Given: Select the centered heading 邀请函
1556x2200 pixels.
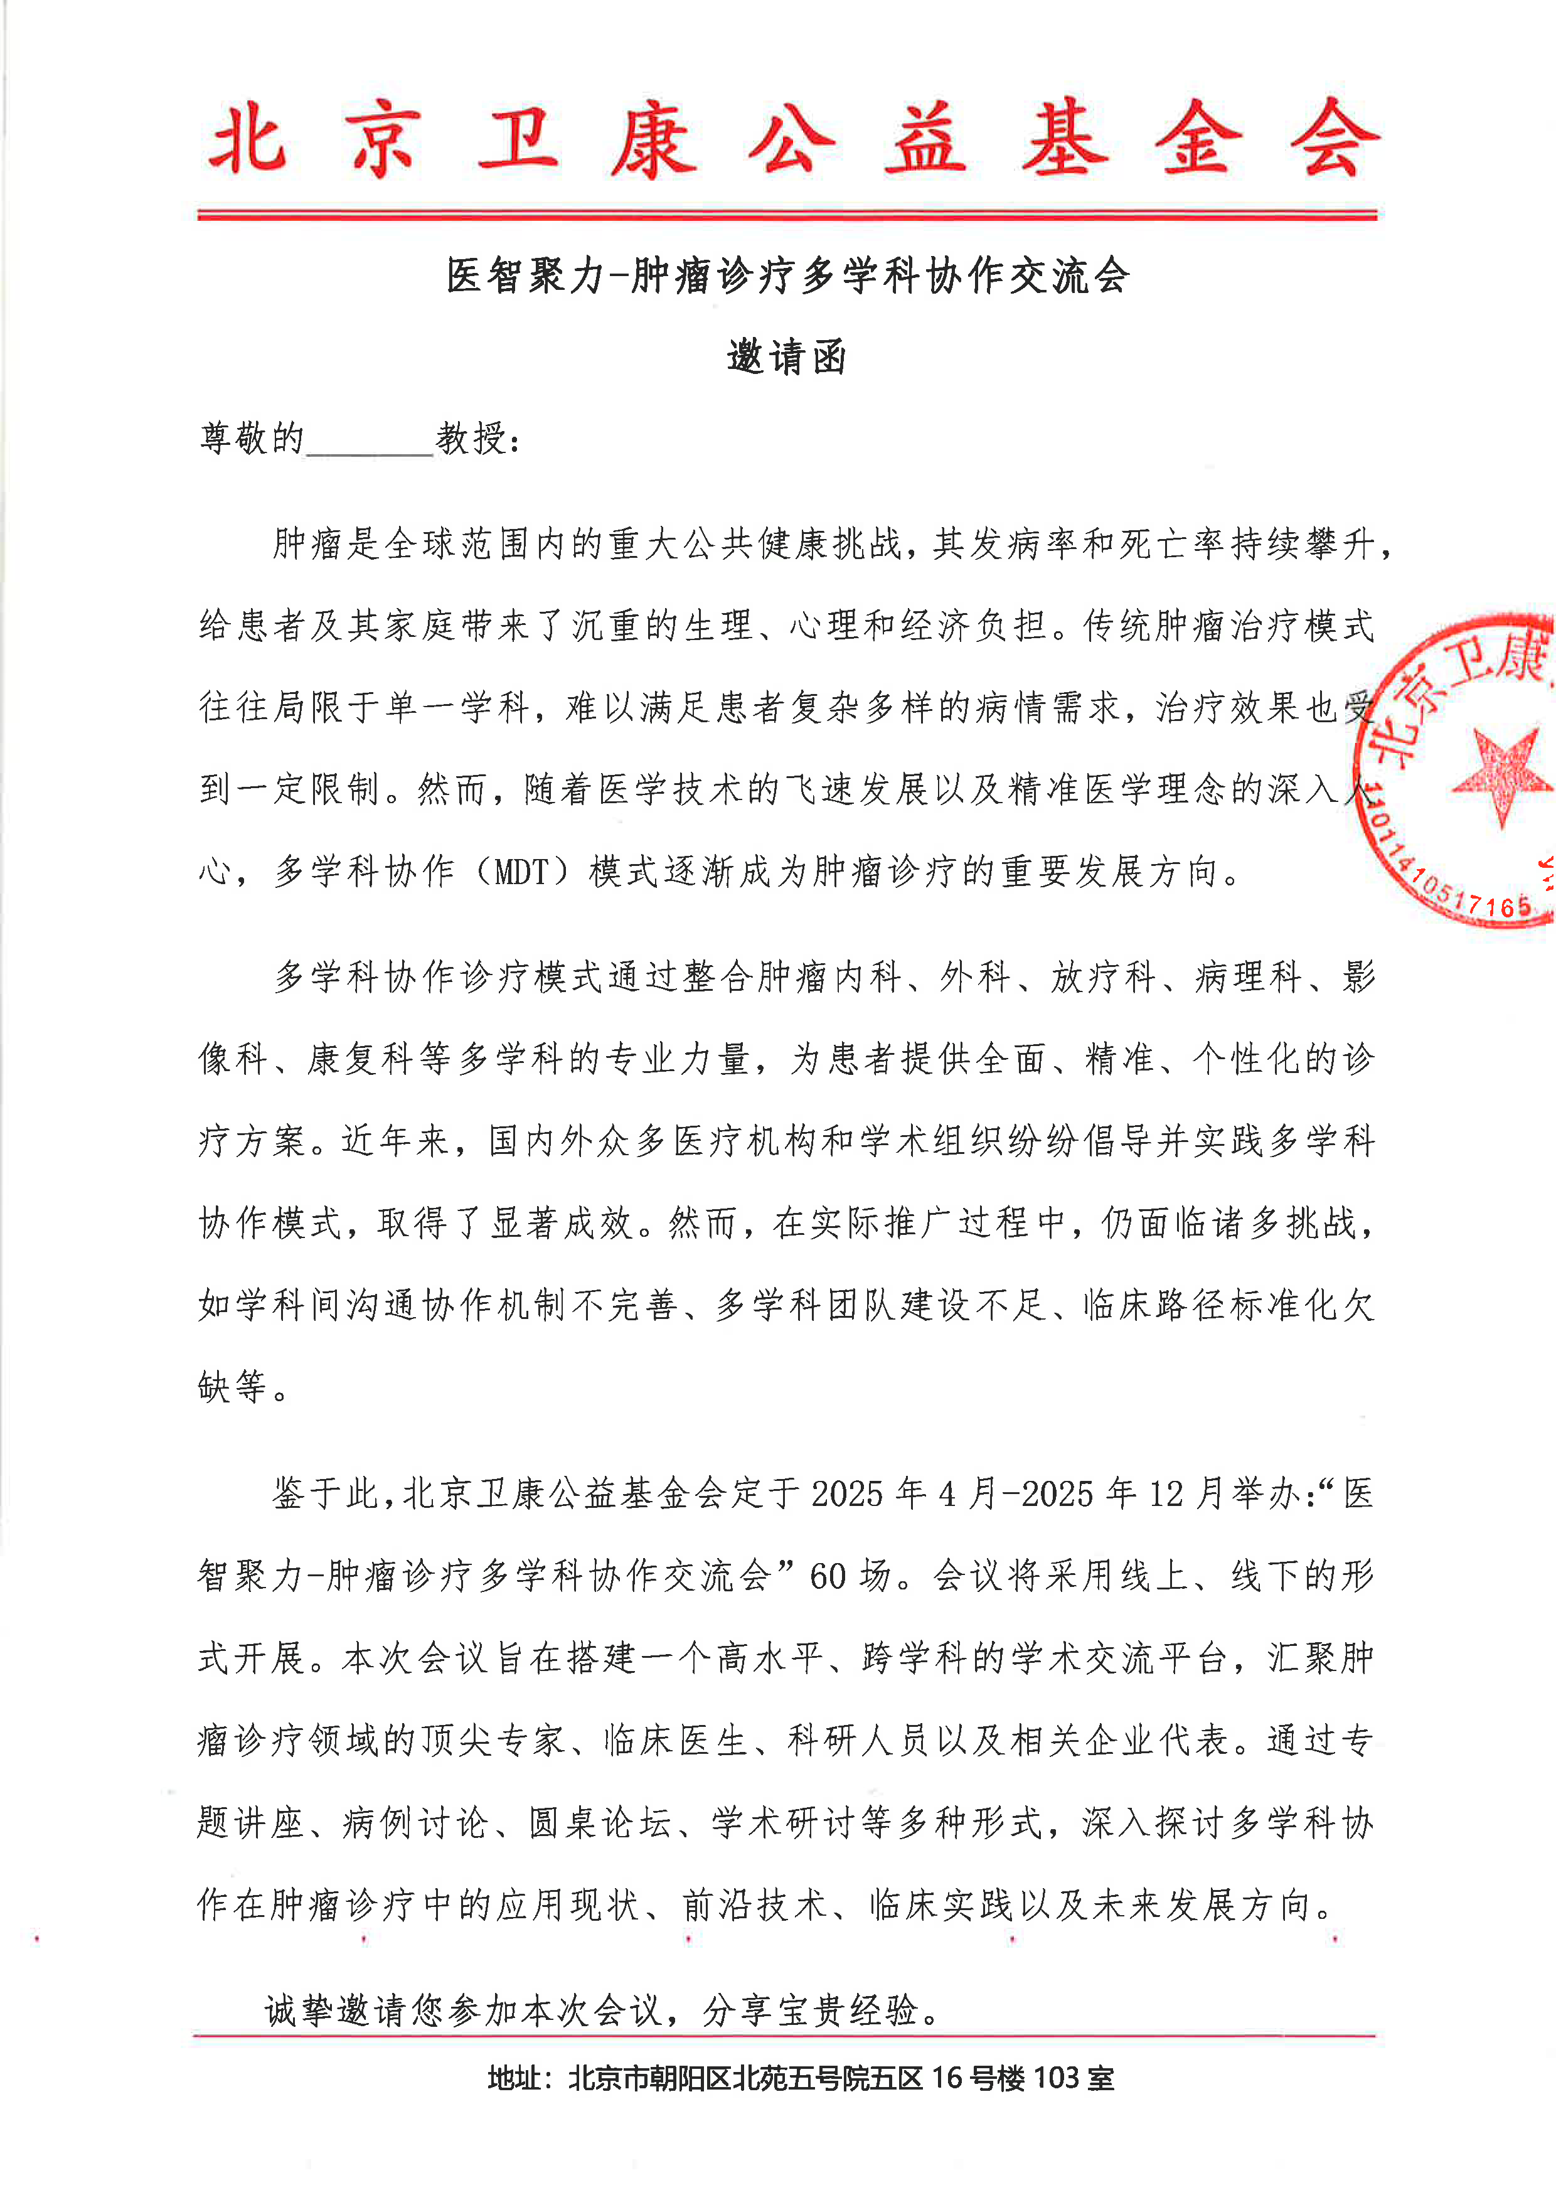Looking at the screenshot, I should point(786,358).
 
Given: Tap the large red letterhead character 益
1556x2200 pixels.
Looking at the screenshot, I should point(925,139).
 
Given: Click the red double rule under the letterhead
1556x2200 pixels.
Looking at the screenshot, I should point(786,215).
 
